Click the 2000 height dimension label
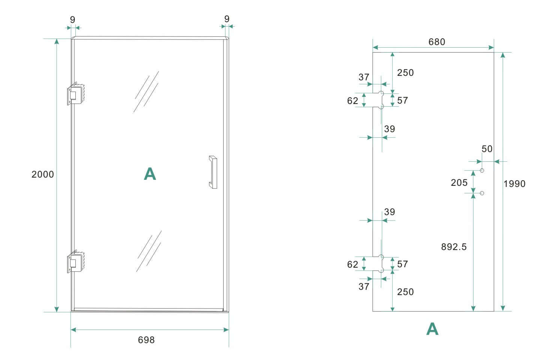click(x=43, y=175)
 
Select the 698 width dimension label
click(x=146, y=340)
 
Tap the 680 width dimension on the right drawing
click(x=437, y=42)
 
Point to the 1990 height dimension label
click(x=514, y=184)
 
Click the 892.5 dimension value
click(x=454, y=247)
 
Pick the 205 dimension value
click(x=459, y=183)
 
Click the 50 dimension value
click(x=487, y=149)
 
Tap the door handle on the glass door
click(x=213, y=172)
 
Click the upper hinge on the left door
click(x=77, y=94)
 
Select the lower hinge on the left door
click(x=77, y=262)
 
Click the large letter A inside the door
click(x=150, y=174)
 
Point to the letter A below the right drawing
click(x=432, y=329)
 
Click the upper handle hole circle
click(x=482, y=171)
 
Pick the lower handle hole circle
click(x=482, y=193)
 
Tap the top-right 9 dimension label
click(x=227, y=19)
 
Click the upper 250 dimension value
click(x=406, y=73)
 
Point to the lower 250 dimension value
click(x=406, y=292)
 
